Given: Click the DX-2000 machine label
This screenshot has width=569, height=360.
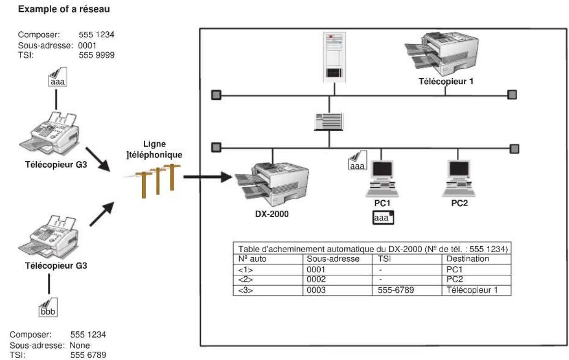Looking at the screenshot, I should point(273,213).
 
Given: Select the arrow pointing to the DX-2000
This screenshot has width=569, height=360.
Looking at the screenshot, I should point(207,177).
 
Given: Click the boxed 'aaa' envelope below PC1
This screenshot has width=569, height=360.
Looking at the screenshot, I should point(383,218).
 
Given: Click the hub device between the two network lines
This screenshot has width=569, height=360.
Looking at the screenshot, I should point(329,123).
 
